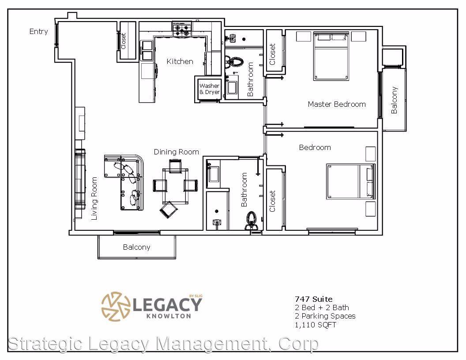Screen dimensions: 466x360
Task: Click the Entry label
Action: tap(39, 31)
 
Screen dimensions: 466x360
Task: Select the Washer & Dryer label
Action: tap(210, 89)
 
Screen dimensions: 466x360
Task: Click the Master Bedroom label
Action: tap(337, 104)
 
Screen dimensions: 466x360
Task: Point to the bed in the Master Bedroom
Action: tap(331, 56)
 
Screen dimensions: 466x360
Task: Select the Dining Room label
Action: tap(176, 152)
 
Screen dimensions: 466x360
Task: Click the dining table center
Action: tap(175, 186)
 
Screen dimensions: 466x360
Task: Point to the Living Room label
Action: tap(94, 199)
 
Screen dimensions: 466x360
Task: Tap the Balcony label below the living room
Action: tap(136, 247)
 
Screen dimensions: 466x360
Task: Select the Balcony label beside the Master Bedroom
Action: tap(394, 100)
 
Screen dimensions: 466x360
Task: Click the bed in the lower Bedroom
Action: tap(351, 181)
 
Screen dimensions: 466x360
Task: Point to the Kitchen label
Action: tap(180, 61)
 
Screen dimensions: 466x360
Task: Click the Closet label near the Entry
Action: tap(123, 41)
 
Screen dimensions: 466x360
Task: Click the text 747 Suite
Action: tap(314, 299)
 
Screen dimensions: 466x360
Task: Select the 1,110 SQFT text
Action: tap(316, 325)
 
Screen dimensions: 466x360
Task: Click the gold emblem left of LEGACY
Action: tap(116, 306)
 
